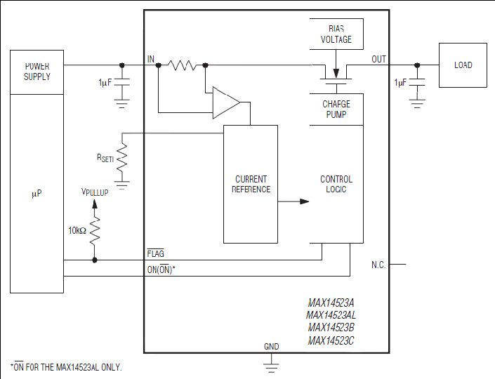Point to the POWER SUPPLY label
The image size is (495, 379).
click(x=37, y=72)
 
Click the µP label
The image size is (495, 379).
click(x=37, y=194)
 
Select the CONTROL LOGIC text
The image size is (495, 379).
click(x=336, y=185)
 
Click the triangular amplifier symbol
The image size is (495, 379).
click(x=226, y=102)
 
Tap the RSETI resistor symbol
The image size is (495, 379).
click(x=122, y=159)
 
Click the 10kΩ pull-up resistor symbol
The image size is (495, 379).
click(x=95, y=231)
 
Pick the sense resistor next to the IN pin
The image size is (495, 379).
click(x=182, y=65)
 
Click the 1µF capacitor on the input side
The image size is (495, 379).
click(x=122, y=82)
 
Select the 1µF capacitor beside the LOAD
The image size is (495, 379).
click(x=417, y=82)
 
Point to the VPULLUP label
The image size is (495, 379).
click(x=95, y=192)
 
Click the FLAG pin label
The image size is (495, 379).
click(x=156, y=253)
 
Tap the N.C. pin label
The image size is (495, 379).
click(x=378, y=265)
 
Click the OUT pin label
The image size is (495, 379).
click(x=378, y=59)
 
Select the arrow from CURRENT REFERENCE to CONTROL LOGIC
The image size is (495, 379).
click(x=293, y=201)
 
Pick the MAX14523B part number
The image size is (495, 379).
click(x=331, y=328)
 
